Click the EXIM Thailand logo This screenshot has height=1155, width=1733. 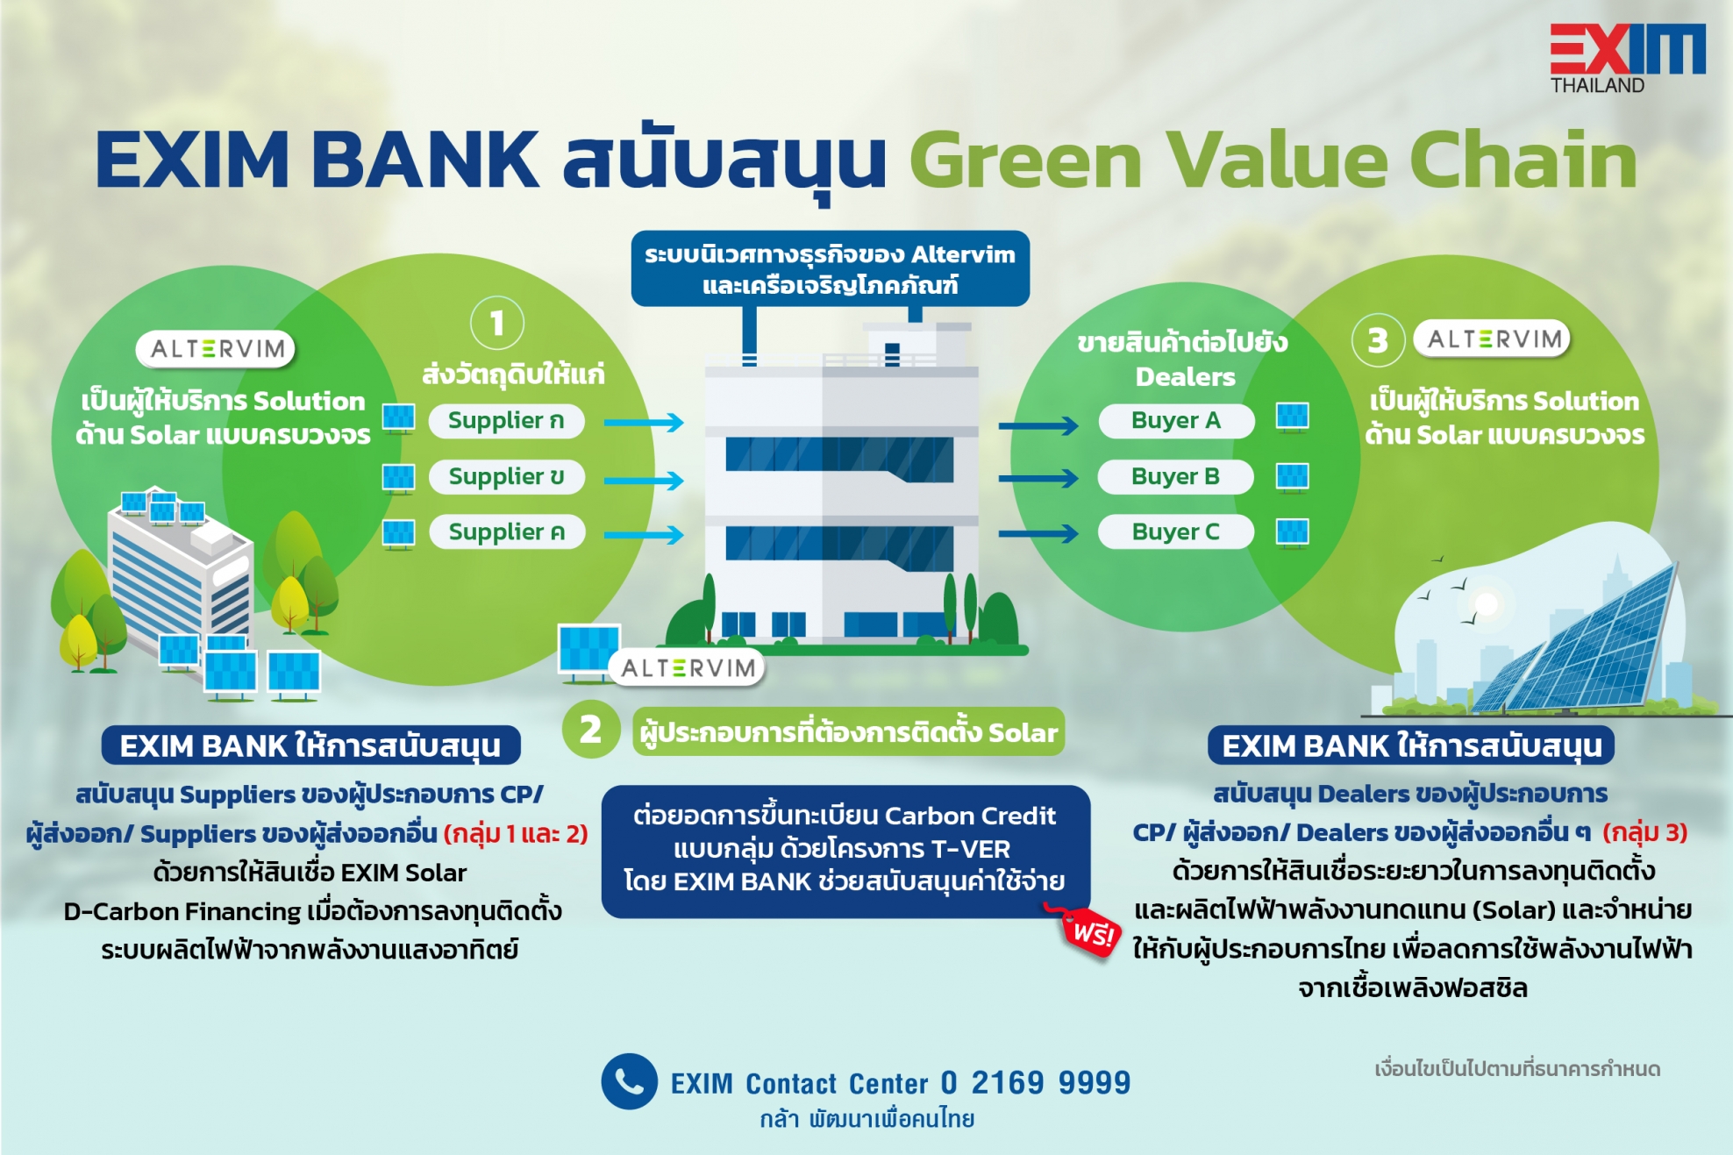1627,58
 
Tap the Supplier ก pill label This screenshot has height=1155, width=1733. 506,421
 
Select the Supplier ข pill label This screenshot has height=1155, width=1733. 506,476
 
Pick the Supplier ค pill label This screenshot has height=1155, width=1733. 506,531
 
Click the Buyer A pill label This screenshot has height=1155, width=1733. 1176,421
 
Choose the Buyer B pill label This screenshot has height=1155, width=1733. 1176,476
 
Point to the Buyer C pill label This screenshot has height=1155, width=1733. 1176,531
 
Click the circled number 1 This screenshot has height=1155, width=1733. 497,323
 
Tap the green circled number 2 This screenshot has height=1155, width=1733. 590,730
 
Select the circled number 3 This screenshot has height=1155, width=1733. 1378,339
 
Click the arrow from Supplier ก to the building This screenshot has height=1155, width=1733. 644,423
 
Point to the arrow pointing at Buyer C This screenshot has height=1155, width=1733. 1038,533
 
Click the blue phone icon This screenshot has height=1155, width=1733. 629,1081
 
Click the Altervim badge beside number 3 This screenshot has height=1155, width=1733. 1492,339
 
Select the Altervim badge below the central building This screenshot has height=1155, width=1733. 687,668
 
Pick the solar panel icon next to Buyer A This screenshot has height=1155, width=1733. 1292,417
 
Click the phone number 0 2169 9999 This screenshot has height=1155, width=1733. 1036,1083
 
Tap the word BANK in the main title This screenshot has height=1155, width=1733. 425,160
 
